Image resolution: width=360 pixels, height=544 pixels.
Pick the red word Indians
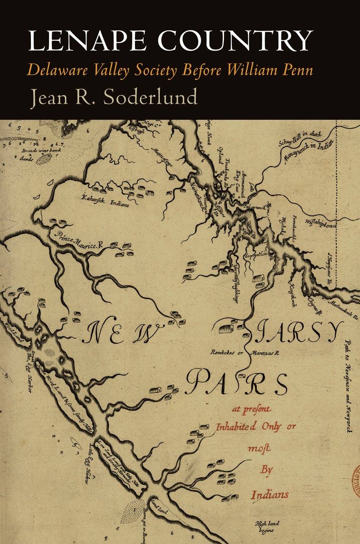pos(270,494)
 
